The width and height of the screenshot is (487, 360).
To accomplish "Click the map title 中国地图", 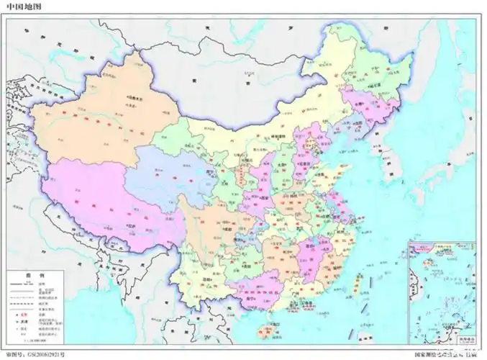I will [x=24, y=5].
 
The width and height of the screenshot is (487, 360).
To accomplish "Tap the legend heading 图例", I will [x=34, y=276].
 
